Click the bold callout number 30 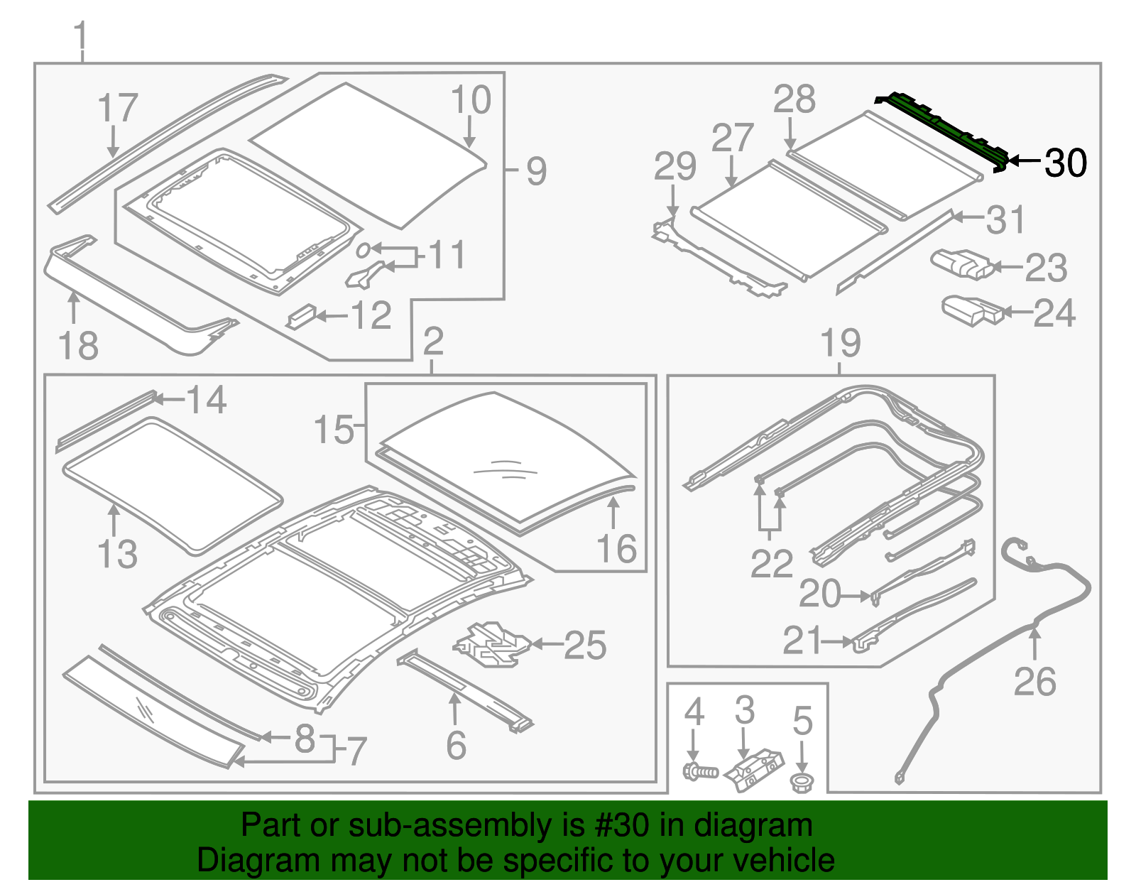pos(1066,163)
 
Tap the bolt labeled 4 pos(699,771)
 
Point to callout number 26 pos(1034,682)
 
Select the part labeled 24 pos(971,310)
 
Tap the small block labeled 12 pos(300,316)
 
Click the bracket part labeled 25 pos(491,645)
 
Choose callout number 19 pos(841,343)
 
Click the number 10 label pos(471,100)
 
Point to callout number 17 pos(118,109)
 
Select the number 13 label pos(117,554)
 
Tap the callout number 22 pos(772,564)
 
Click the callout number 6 pos(456,745)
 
